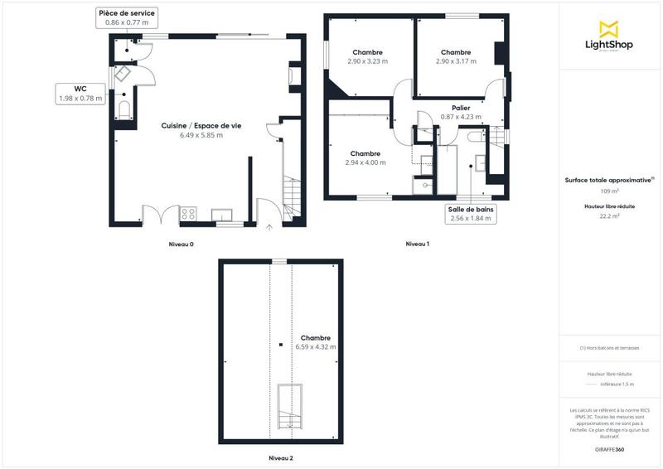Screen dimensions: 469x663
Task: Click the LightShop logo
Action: tap(610, 38)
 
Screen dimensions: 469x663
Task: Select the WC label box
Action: tap(80, 93)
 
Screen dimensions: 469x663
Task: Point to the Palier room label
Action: tap(462, 113)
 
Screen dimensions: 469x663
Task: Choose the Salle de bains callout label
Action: tap(472, 215)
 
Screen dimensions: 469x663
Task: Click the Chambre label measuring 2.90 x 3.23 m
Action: tap(367, 56)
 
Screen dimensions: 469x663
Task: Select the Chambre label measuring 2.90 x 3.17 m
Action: tap(456, 56)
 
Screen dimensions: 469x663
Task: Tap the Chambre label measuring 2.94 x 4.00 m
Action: tap(365, 158)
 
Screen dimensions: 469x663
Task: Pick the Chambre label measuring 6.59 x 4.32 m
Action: tap(316, 342)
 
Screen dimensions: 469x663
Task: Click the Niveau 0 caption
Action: tap(181, 244)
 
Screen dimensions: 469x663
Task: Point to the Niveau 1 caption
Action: tap(417, 244)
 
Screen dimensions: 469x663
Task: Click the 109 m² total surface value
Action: tap(610, 191)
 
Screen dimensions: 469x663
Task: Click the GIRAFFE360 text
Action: tap(610, 447)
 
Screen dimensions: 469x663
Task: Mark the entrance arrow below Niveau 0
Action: tap(269, 227)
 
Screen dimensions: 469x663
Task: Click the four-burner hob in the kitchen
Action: tap(189, 214)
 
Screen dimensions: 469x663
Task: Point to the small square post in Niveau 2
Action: tap(281, 344)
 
